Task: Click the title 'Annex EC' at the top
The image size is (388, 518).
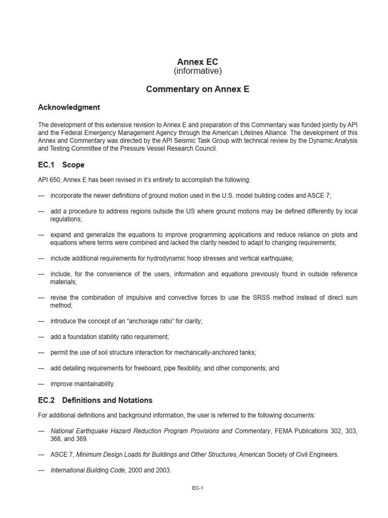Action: (x=198, y=61)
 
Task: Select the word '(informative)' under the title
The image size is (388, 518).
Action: (x=198, y=71)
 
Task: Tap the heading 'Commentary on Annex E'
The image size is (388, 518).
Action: (x=198, y=89)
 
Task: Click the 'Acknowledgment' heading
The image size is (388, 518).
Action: (x=69, y=107)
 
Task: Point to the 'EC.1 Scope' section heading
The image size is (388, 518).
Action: (x=61, y=165)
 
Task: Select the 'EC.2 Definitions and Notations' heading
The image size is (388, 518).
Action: (x=95, y=400)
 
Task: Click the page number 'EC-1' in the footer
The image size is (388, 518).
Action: (x=198, y=488)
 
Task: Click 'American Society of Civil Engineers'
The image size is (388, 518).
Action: (x=289, y=454)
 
